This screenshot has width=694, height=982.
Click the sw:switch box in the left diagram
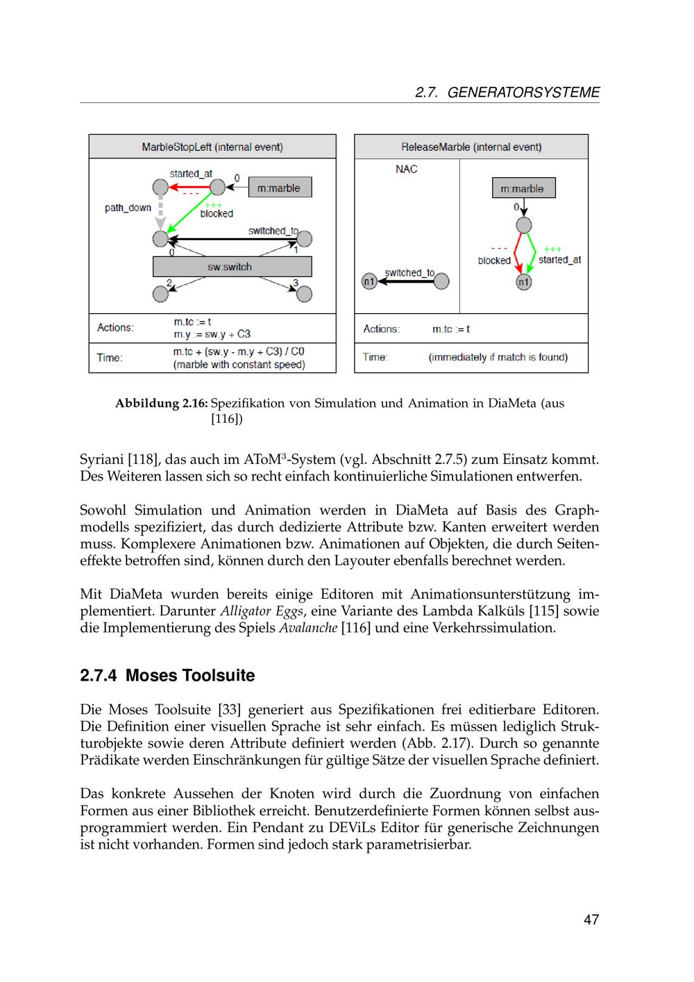(x=232, y=267)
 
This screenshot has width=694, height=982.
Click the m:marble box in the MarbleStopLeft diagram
(x=279, y=188)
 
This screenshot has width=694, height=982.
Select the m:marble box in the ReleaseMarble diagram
(x=523, y=188)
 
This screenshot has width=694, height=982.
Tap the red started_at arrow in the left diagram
(x=190, y=187)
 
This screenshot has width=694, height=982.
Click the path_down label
(x=128, y=208)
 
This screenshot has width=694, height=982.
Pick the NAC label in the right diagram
(x=407, y=169)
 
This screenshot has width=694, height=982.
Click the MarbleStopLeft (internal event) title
(x=212, y=147)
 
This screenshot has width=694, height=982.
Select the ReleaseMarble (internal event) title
(x=471, y=147)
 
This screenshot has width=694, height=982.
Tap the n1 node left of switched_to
(x=369, y=281)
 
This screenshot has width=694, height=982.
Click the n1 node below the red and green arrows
(x=524, y=281)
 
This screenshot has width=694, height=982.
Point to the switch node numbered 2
(x=160, y=294)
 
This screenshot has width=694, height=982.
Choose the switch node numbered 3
(x=304, y=294)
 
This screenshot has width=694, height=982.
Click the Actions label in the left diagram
(x=115, y=328)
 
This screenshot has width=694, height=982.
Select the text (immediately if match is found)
(x=498, y=358)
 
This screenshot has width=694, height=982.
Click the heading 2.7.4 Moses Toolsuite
(x=167, y=676)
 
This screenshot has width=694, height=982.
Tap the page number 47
(x=591, y=920)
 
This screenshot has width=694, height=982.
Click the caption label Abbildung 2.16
(x=161, y=403)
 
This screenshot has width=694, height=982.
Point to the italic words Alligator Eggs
(x=262, y=611)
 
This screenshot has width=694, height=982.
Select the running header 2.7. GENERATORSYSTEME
(x=507, y=92)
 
